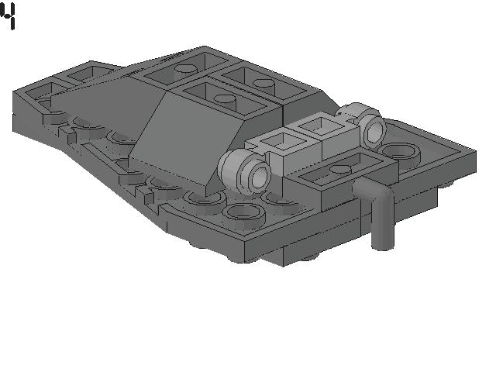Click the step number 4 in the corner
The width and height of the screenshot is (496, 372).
[x=8, y=15]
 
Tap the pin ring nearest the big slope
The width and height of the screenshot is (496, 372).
[x=247, y=170]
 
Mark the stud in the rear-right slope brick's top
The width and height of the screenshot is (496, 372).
[x=263, y=83]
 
